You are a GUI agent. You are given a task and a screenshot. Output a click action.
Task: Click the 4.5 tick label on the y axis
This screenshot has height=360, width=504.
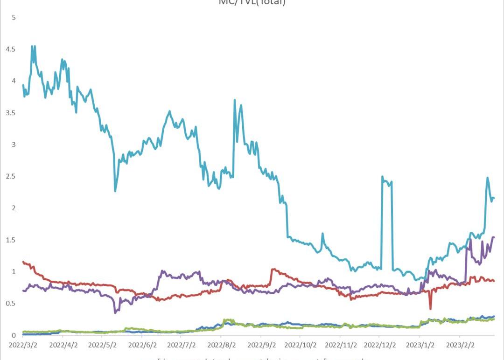(x=10, y=49)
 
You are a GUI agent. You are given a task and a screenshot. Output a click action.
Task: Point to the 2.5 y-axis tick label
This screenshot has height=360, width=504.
(x=10, y=176)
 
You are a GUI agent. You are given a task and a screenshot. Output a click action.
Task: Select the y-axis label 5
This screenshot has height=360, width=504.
(x=14, y=18)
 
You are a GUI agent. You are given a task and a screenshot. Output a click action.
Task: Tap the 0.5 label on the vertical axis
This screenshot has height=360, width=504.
(x=10, y=304)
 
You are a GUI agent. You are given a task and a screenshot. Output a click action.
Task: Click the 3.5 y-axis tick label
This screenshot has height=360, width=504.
(x=10, y=113)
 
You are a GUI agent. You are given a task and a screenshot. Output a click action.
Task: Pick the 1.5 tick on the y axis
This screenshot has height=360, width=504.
(x=10, y=240)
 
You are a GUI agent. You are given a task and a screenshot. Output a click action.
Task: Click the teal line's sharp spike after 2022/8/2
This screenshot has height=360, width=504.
(x=234, y=100)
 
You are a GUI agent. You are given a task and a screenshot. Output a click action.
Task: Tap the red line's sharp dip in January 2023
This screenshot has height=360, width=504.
(x=430, y=308)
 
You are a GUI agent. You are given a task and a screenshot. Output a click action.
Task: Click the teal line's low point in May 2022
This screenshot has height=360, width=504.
(x=115, y=191)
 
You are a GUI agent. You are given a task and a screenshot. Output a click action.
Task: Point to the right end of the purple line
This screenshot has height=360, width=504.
(x=494, y=237)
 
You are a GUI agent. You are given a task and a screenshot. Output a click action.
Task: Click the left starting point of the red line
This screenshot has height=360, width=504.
(x=23, y=262)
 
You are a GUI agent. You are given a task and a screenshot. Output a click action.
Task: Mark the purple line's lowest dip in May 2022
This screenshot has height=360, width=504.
(x=115, y=312)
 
